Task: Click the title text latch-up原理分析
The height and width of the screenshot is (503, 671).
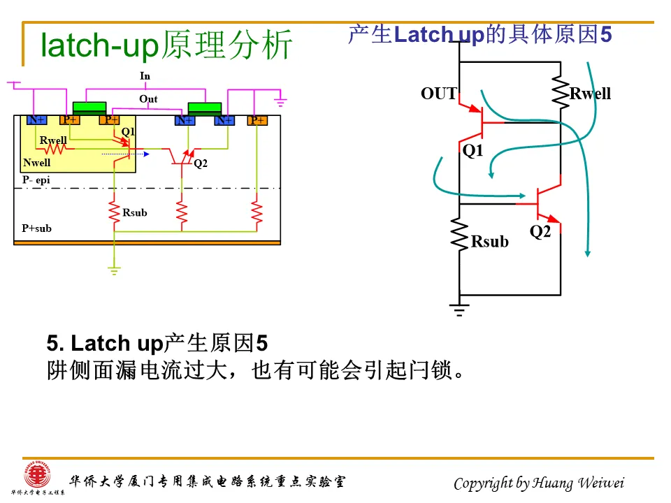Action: coord(166,45)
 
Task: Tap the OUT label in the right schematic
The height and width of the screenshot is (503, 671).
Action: coord(438,94)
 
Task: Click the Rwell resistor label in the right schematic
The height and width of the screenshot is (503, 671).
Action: coord(590,94)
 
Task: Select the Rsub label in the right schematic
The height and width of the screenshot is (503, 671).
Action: coord(489,242)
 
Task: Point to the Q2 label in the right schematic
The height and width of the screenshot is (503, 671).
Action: coord(540,232)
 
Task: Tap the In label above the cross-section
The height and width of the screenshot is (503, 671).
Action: coord(145,75)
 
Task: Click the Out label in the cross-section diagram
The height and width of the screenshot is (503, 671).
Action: coord(148,99)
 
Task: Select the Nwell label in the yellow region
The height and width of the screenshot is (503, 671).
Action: coord(37,163)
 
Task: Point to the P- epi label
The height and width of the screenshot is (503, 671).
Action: coord(36,180)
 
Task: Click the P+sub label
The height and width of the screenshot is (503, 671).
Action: coord(37,228)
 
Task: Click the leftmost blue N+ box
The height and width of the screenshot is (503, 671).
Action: coord(36,120)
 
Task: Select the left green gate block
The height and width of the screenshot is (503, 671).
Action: coord(89,107)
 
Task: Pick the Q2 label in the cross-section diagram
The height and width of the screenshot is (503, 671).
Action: coord(201,163)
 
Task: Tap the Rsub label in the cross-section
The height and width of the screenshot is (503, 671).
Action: coord(135,212)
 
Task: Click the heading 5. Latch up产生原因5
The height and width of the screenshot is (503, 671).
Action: coord(157,343)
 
